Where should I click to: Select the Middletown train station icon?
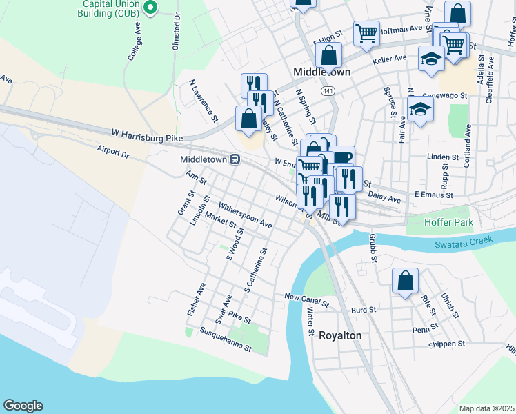[235, 159]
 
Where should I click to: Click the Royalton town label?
[340, 335]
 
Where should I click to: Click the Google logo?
[23, 406]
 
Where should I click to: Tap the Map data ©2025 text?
[486, 408]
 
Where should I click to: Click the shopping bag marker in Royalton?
[405, 281]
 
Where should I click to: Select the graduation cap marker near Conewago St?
[419, 109]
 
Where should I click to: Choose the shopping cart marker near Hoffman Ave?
[366, 32]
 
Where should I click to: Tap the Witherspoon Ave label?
[245, 215]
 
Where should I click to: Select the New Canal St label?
[307, 299]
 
